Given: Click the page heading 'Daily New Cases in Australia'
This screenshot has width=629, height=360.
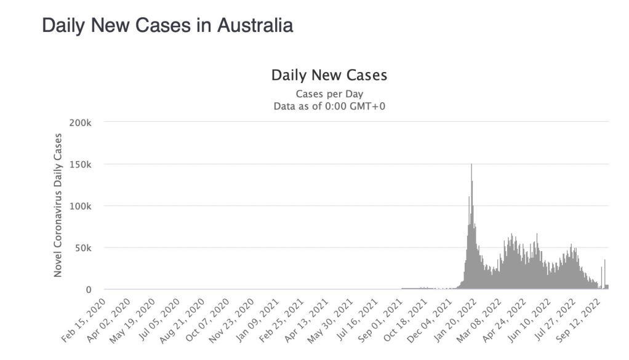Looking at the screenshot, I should coord(167,25).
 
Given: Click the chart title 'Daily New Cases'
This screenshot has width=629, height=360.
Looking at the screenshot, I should coord(329,76).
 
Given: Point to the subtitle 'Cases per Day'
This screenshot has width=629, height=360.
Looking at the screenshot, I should coord(329,94).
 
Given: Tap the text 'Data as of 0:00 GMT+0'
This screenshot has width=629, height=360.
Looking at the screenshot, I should coord(329,106).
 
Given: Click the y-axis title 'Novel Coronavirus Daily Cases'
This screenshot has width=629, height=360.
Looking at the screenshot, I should coord(58,204).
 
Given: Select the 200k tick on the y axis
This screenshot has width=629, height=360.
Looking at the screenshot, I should coord(81,122).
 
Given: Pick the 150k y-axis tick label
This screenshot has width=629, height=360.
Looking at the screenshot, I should coord(81,164).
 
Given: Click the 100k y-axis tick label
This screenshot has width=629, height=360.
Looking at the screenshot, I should coord(81,206).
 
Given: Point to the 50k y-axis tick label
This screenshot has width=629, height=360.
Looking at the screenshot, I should coord(83,248).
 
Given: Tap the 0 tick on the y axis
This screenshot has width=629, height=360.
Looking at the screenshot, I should coord(89,290).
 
